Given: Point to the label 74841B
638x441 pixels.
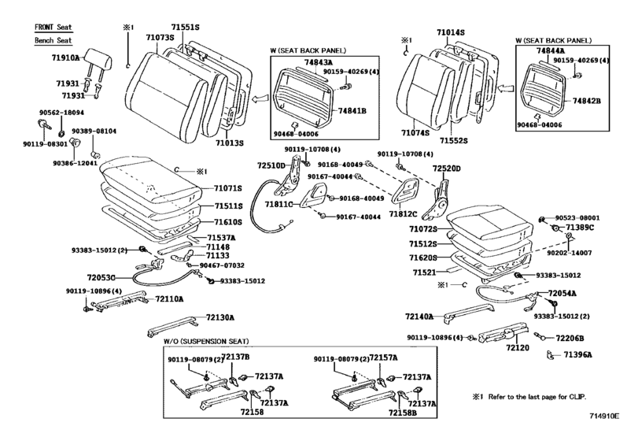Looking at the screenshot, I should point(352,110).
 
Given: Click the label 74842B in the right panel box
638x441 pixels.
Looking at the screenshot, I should point(586,102).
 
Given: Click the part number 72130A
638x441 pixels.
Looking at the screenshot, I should point(221,317).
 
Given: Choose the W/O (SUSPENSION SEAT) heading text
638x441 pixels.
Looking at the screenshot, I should point(206,341).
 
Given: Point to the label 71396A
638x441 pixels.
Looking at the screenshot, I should point(577,355).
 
